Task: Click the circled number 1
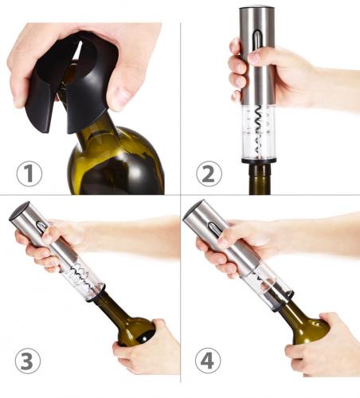(29, 174)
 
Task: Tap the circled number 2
(209, 174)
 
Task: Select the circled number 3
(28, 361)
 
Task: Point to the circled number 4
(208, 361)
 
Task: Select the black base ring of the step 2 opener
(259, 160)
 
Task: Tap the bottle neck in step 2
(260, 179)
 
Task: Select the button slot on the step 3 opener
(42, 225)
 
